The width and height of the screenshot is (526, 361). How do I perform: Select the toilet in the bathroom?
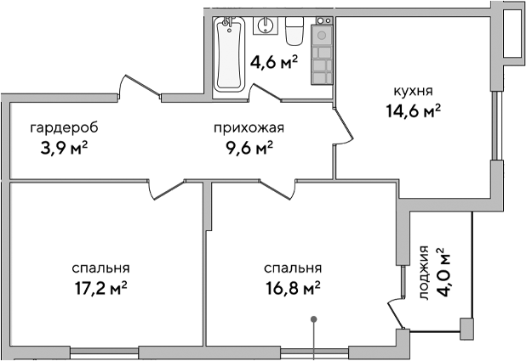294,31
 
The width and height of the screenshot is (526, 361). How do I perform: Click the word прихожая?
248,128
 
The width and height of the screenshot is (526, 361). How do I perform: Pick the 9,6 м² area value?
248,148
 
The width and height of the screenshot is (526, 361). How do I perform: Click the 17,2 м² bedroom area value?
100,287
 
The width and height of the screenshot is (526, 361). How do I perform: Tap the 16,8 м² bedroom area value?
292,287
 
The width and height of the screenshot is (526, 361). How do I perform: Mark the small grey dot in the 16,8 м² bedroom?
314,320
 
